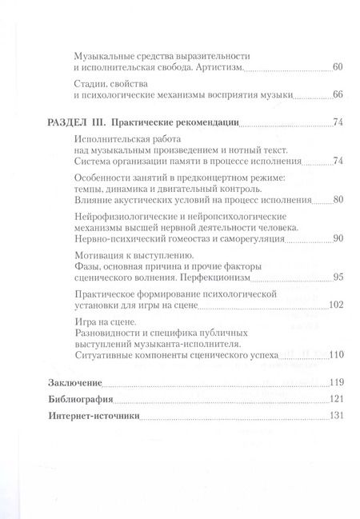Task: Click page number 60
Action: (x=337, y=67)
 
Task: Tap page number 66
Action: (x=337, y=95)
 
